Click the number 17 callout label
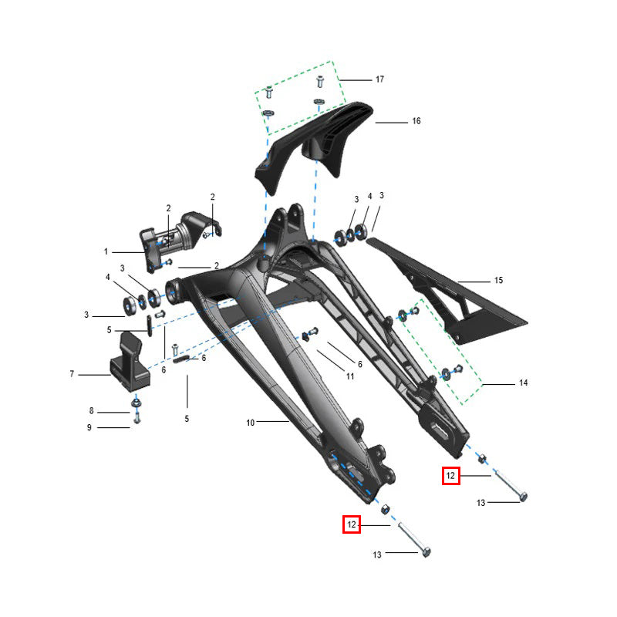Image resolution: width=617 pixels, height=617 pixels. (379, 79)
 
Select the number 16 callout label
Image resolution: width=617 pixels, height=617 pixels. (416, 121)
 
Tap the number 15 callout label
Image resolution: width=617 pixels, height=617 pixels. (498, 280)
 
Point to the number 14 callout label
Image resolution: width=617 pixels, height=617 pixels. (524, 383)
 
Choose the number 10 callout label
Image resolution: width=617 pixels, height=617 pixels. (251, 423)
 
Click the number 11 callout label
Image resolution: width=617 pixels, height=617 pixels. (350, 376)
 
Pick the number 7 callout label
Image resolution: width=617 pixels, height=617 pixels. (72, 374)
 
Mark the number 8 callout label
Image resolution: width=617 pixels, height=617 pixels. (91, 411)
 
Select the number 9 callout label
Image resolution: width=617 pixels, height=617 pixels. (89, 427)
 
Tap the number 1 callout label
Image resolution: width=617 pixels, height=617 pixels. (106, 251)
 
